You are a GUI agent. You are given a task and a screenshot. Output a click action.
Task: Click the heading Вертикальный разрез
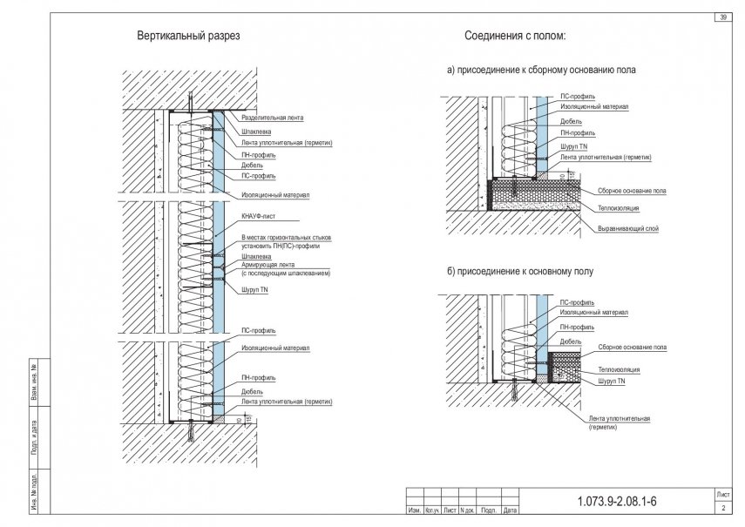(188, 37)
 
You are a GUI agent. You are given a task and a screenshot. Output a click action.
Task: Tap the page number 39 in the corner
(723, 17)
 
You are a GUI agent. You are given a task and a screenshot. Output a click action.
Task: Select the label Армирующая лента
(268, 265)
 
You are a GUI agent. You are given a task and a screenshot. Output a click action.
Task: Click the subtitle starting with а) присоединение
(541, 70)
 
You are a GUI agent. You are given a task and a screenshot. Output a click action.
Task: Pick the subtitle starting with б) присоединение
(520, 272)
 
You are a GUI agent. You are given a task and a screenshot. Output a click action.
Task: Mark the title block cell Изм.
(415, 510)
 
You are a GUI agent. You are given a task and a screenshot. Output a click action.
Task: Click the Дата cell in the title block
(511, 510)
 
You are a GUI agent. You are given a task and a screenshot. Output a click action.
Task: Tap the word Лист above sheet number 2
(723, 494)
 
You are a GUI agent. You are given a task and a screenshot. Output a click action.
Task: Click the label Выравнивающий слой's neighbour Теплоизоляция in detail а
(619, 209)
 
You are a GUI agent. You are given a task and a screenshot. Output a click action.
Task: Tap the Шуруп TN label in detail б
(613, 381)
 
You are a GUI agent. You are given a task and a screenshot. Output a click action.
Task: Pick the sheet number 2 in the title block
(723, 507)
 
